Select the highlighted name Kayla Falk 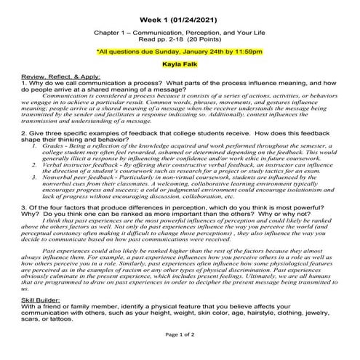click(x=180, y=64)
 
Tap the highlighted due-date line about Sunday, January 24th click(x=180, y=52)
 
